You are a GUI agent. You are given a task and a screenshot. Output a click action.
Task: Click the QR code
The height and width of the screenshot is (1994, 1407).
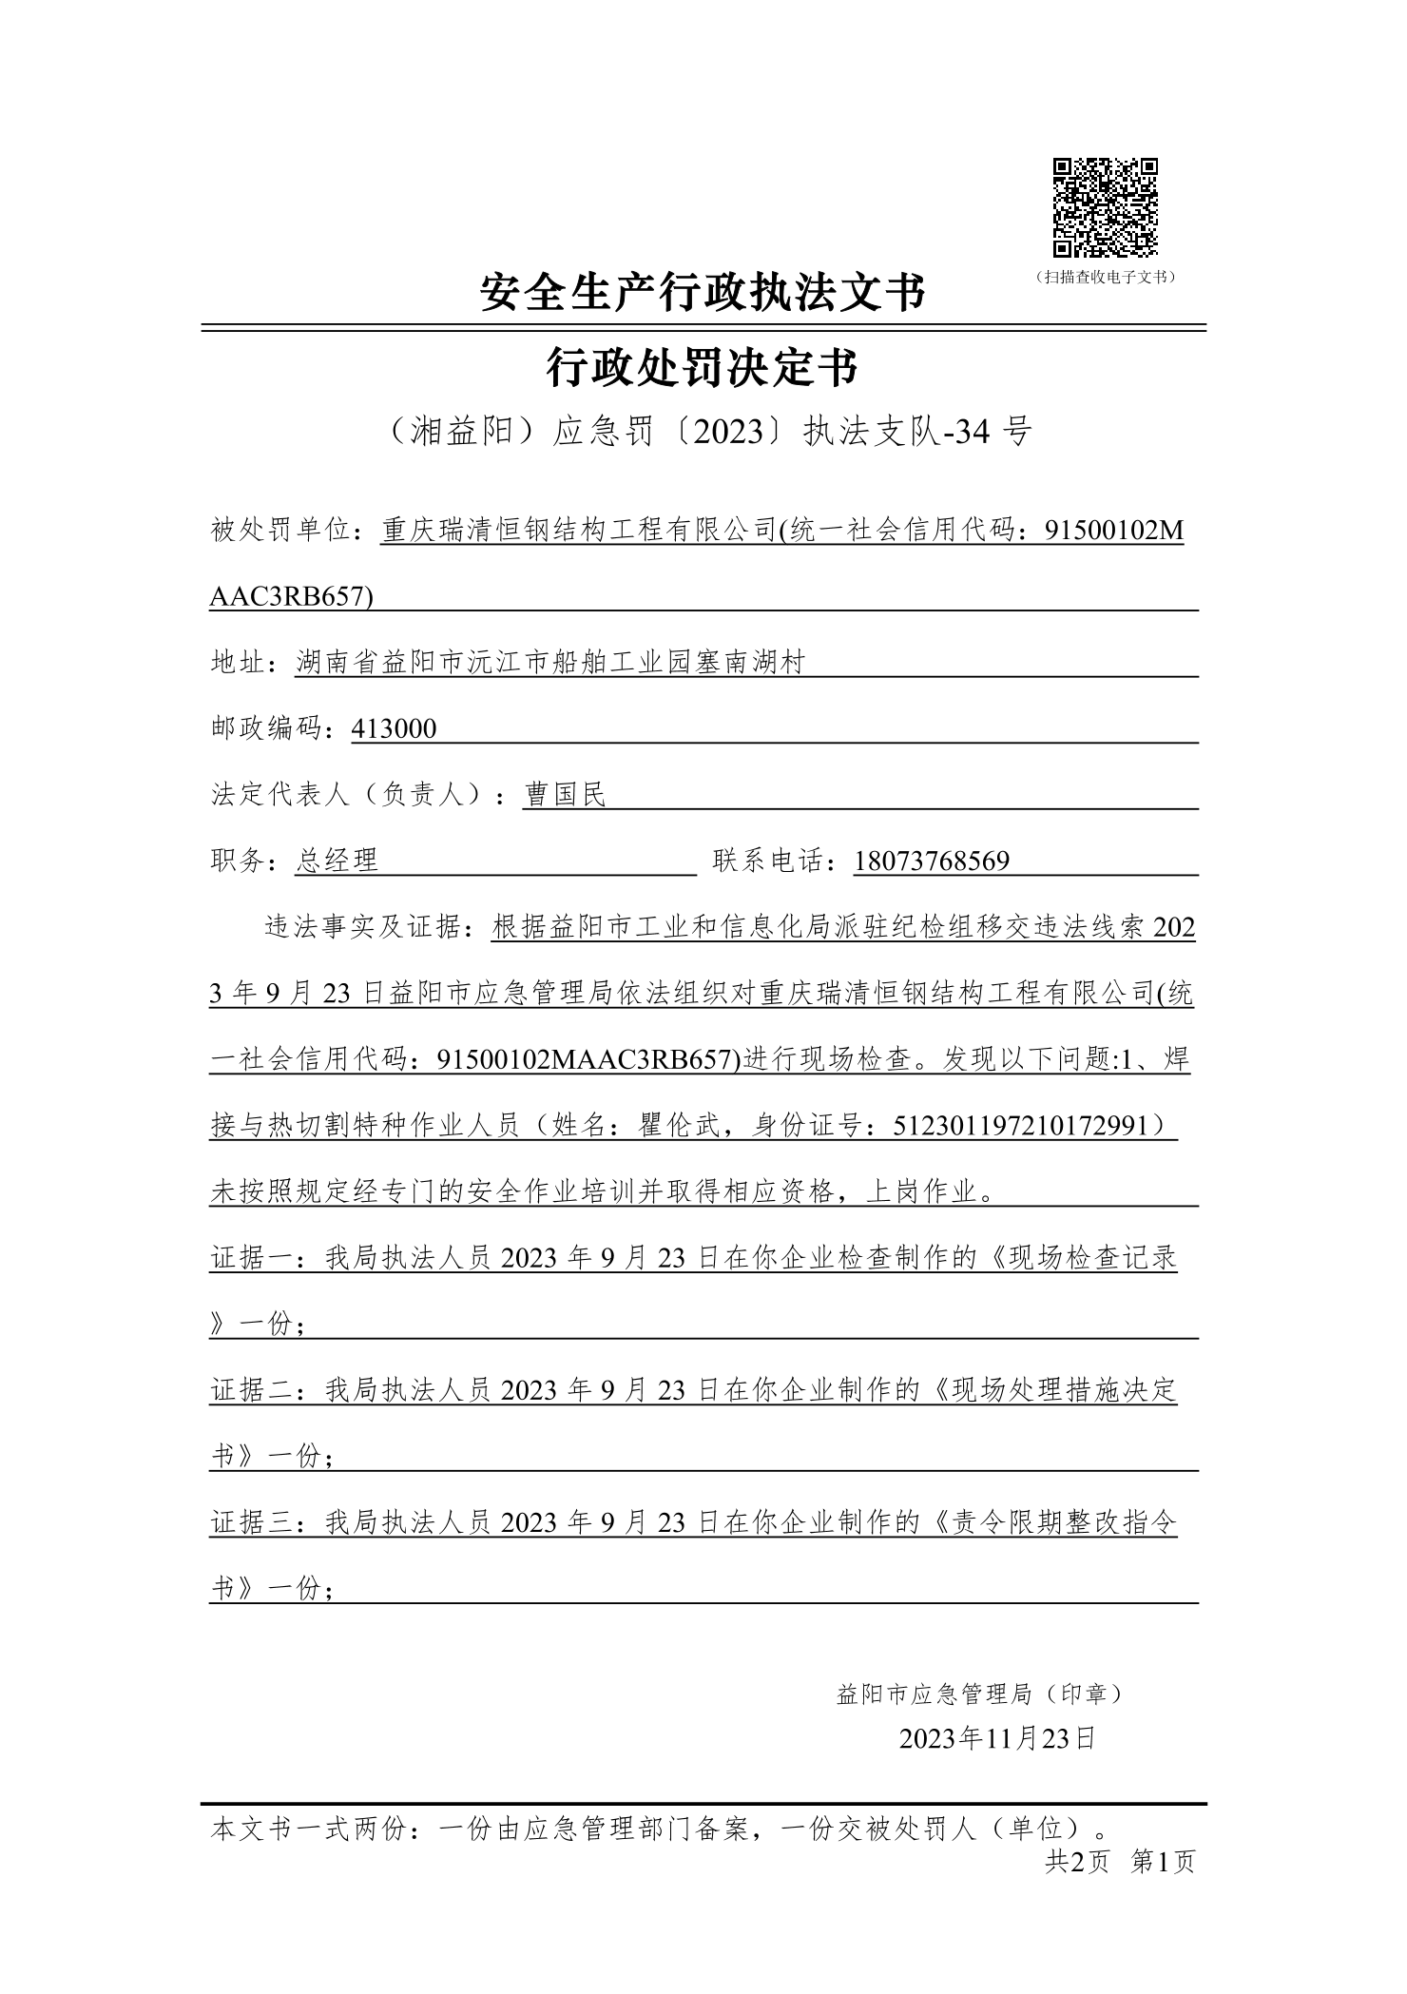[1105, 207]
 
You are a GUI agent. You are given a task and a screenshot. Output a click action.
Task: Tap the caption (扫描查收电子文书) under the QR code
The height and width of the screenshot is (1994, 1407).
[1106, 277]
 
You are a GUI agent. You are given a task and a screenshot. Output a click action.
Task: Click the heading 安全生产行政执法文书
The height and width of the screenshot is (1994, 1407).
[703, 292]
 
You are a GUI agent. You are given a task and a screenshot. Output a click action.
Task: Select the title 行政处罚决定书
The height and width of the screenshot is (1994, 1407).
[703, 368]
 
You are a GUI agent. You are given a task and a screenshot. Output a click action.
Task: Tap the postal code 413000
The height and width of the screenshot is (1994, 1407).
[394, 728]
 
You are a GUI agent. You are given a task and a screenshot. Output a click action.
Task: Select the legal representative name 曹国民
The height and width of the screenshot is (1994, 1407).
[565, 794]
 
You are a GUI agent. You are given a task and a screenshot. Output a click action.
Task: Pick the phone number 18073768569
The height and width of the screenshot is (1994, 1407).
[932, 861]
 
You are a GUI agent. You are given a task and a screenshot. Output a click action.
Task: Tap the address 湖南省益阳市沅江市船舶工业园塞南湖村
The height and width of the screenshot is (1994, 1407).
[550, 662]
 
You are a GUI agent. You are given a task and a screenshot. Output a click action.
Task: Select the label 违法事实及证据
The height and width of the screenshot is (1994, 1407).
[371, 927]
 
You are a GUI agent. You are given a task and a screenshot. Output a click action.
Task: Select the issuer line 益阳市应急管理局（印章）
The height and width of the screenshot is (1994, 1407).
[980, 1694]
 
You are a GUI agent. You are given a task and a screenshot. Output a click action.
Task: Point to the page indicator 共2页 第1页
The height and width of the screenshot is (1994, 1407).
[1119, 1861]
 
